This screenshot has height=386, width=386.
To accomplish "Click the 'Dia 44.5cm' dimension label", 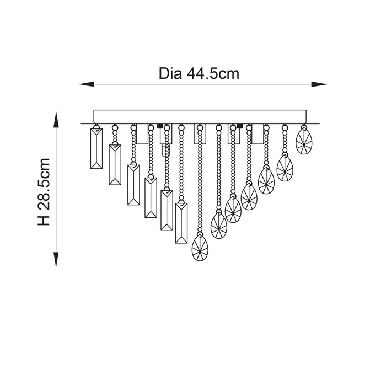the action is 199,73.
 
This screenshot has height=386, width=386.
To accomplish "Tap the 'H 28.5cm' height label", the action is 44,192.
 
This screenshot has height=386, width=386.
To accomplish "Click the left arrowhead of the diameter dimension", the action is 87,84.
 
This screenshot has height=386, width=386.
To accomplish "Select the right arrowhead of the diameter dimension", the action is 319,84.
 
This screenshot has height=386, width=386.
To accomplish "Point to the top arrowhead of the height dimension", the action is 56,120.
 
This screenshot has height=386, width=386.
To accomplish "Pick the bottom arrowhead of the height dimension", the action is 56,260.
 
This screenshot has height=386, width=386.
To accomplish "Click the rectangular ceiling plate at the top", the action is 200,116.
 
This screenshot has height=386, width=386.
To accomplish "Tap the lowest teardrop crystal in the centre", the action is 200,248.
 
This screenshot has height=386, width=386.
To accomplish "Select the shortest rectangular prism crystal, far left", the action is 96,149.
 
